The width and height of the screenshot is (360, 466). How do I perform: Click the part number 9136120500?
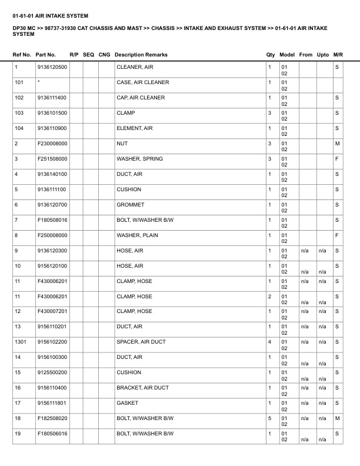pos(52,67)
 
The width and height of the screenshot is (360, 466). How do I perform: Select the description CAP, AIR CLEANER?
pos(141,98)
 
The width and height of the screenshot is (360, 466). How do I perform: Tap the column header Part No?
pos(46,55)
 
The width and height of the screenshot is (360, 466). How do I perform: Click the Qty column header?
pos(271,55)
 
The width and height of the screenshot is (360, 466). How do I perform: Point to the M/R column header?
pos(338,55)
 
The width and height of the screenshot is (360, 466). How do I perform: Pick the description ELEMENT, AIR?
pos(135,128)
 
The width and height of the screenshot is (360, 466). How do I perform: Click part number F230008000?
pos(52,144)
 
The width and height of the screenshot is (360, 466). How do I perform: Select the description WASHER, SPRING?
pos(140,159)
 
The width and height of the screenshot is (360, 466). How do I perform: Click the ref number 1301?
pos(21,342)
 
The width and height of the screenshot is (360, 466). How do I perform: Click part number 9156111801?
pos(52,403)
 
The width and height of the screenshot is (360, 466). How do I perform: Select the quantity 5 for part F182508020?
pos(270,418)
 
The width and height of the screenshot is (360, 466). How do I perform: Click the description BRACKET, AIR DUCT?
pos(143,388)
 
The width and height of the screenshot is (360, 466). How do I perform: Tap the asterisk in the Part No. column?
pos(38,82)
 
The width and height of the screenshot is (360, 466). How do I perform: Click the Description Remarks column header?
pos(141,55)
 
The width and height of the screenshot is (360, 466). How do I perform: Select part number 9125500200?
pos(52,372)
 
